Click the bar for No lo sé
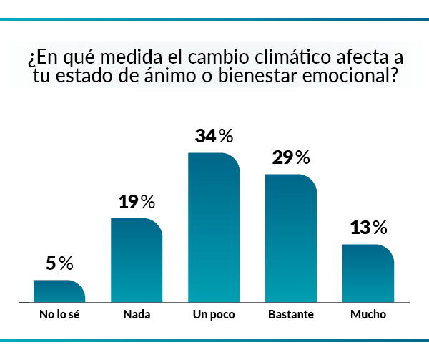point(59,291)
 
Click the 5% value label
point(59,263)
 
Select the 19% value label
point(137,202)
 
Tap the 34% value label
point(214,136)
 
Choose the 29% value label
point(291,157)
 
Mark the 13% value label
point(368,228)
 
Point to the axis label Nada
point(137,314)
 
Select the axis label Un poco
point(214,314)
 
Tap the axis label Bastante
point(291,314)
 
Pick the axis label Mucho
point(368,314)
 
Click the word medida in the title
point(120,55)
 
